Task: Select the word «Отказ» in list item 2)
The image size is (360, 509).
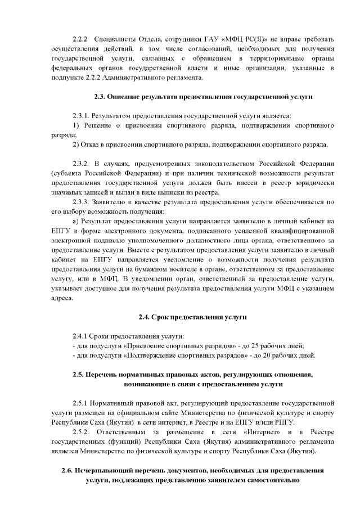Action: click(93, 144)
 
